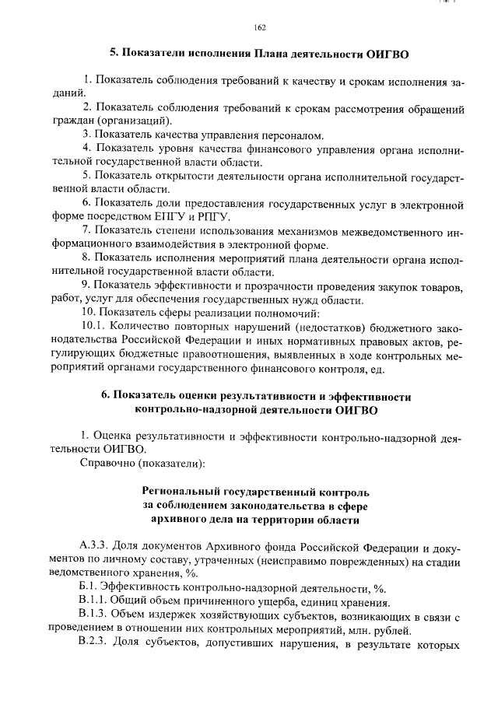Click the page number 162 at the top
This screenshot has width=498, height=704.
point(260,28)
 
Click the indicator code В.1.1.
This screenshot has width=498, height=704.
point(94,601)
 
